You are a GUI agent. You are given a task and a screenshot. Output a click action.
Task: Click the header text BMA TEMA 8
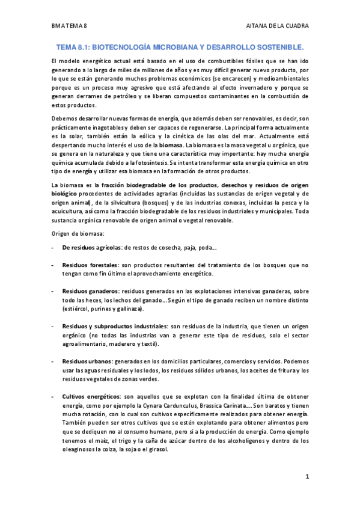click(70, 26)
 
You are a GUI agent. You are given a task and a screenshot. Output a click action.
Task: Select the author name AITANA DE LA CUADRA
click(277, 26)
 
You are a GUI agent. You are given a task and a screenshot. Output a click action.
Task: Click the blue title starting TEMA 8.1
click(180, 46)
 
